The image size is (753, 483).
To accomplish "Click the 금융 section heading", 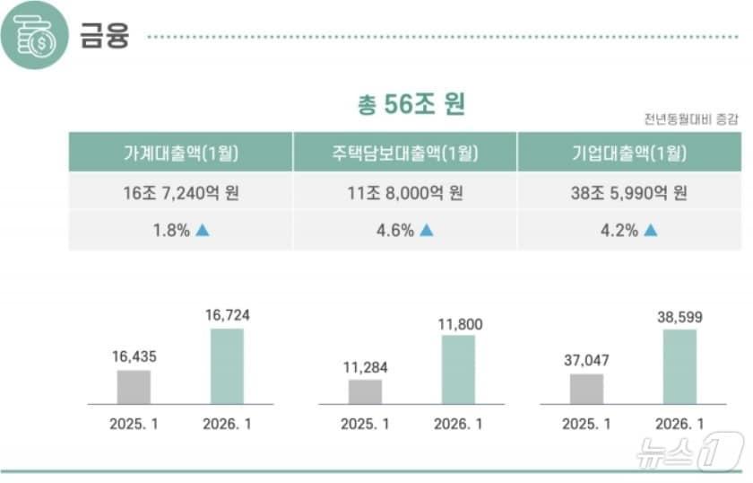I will click(x=105, y=37).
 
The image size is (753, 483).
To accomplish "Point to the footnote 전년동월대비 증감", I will click(x=691, y=119).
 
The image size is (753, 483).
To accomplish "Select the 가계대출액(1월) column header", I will click(x=180, y=152).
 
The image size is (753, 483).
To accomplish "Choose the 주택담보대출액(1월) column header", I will click(x=405, y=152).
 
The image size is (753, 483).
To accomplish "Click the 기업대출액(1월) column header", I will click(x=629, y=152).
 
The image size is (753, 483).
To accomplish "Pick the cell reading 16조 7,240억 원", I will click(x=180, y=191).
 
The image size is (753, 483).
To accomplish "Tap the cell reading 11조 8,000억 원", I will click(x=405, y=191).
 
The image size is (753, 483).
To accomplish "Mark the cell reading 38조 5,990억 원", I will click(x=629, y=191).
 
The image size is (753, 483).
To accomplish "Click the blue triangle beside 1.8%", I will click(x=203, y=230).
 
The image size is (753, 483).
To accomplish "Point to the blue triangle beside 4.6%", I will click(x=427, y=230).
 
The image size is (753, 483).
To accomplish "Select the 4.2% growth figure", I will click(x=619, y=230).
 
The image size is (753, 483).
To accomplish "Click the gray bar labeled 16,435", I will click(x=134, y=386).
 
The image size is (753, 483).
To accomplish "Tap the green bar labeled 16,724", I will click(x=227, y=365).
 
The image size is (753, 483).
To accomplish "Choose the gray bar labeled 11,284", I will click(x=365, y=391).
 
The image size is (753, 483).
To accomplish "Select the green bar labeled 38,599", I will click(x=679, y=365).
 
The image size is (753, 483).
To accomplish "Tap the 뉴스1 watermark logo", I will click(x=689, y=452).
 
